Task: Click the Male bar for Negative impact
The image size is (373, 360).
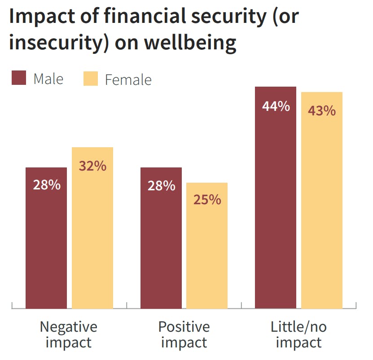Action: pos(46,238)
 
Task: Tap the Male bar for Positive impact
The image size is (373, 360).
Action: pos(161,238)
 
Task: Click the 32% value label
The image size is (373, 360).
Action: pos(92,166)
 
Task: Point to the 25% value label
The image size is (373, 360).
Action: pos(207,199)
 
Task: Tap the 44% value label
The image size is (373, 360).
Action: pos(276,106)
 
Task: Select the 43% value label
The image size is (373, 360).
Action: pos(322,110)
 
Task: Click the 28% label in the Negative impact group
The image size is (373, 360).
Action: pos(46,185)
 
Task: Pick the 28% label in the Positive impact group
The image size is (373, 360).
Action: pos(161,185)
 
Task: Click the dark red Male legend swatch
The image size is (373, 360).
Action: pos(19,78)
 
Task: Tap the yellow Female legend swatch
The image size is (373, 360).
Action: pos(91,78)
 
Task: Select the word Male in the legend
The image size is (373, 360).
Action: pos(48,79)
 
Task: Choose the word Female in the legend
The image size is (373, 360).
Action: pos(128,80)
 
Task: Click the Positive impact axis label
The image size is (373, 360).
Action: pos(184,334)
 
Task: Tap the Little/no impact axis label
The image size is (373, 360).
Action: pos(298,334)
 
